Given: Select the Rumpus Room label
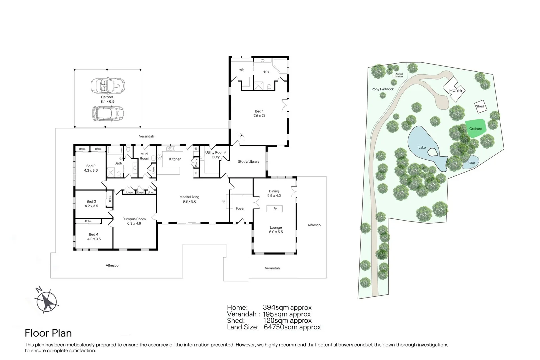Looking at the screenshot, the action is pos(134,219).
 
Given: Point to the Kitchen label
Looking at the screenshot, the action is pos(175,159).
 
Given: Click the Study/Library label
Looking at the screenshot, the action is pos(249,162).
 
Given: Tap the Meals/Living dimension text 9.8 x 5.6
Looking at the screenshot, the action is pos(189,201).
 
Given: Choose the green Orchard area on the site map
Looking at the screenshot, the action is pos(475,129).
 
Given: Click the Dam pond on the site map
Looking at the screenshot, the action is pos(471,163).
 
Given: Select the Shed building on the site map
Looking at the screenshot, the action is pos(481,107).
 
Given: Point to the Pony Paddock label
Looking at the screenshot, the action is pos(383,89).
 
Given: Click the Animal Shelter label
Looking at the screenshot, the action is pos(399,75).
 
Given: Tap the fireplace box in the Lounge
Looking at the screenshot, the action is pos(274,209).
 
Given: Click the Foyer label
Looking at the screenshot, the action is pos(240,208).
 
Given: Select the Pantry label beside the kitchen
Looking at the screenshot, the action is pos(196,163).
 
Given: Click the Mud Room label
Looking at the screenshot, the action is pos(144,156).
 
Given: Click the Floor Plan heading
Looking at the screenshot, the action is pos(48,333).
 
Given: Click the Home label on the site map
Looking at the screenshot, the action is pos(455,90).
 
